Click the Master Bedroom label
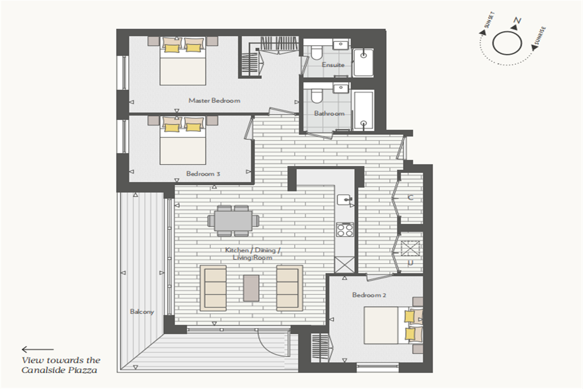[x=214, y=101]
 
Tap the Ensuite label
[x=333, y=65]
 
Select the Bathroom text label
[x=329, y=113]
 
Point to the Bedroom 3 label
[x=203, y=174]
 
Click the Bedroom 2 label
[x=369, y=295]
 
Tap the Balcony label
[x=142, y=312]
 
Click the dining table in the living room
[x=233, y=221]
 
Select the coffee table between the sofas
[x=251, y=288]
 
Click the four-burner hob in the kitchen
[x=345, y=230]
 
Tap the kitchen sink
[x=345, y=200]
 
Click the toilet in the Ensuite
[x=317, y=52]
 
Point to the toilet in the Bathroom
[x=317, y=95]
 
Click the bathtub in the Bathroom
[x=363, y=110]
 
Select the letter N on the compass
[x=517, y=21]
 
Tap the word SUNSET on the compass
[x=489, y=20]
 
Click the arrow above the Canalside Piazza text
[x=38, y=349]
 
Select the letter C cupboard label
[x=410, y=198]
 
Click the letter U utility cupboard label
[x=410, y=263]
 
